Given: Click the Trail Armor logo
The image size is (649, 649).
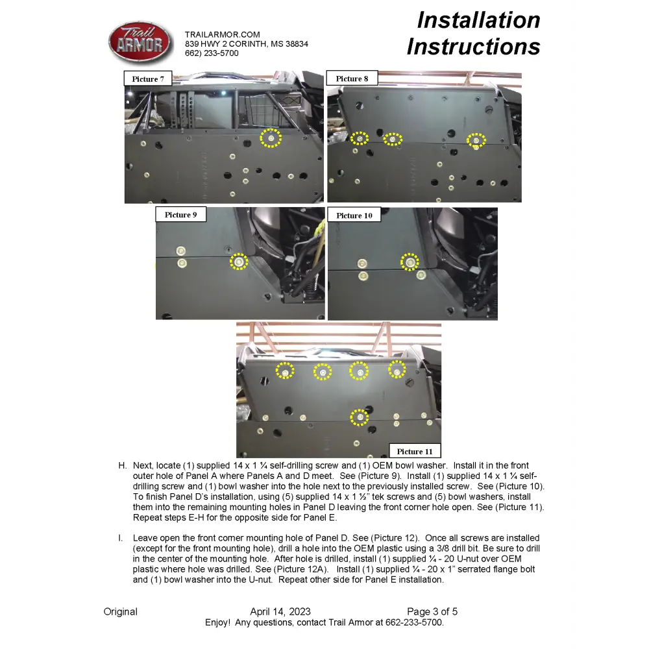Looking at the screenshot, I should [140, 42].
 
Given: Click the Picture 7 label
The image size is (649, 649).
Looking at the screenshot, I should [148, 79].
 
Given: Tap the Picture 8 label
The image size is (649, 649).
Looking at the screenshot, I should [352, 79].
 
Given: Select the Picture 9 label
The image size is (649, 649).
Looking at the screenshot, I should [180, 215].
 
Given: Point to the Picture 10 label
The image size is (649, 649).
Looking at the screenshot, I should [354, 215].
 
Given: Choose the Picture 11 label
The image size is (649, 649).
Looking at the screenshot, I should [415, 451].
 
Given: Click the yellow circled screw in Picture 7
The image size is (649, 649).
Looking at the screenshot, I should [271, 138].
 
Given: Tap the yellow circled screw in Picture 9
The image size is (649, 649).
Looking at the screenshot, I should [239, 262].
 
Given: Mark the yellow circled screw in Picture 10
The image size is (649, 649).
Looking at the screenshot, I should [409, 262].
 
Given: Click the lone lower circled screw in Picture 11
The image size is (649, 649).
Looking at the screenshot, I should [359, 417].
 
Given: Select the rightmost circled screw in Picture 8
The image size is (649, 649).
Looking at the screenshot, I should [476, 140].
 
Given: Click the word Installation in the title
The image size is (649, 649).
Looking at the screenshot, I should [478, 20].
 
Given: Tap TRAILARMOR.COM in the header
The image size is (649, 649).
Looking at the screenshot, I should [222, 34].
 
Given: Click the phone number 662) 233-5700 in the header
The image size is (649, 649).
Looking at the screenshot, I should [212, 53].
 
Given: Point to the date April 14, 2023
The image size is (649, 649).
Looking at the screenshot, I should [280, 611].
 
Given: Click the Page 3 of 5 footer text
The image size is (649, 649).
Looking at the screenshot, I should [432, 611].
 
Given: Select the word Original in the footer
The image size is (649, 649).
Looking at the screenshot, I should [121, 611].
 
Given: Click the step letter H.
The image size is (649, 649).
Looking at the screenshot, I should [122, 465].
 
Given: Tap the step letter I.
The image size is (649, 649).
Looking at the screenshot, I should [121, 538].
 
